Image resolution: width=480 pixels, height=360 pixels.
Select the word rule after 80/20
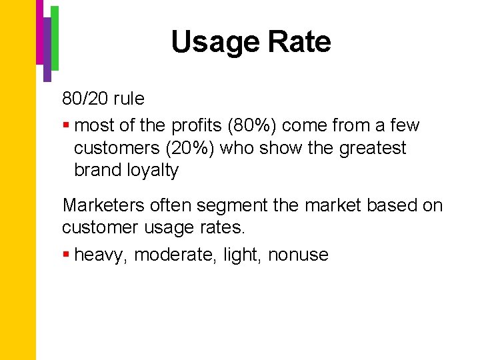tap(129, 99)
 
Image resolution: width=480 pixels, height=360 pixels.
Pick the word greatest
tap(373, 148)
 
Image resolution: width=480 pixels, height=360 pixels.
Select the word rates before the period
tap(224, 228)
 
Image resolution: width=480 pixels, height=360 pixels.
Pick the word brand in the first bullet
tap(98, 171)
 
